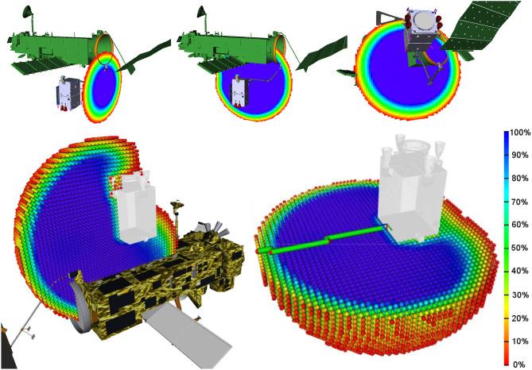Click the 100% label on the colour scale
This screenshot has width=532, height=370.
[521, 133]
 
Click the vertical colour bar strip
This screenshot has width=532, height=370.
[507, 249]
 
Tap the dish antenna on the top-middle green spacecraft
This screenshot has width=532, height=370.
[201, 12]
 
